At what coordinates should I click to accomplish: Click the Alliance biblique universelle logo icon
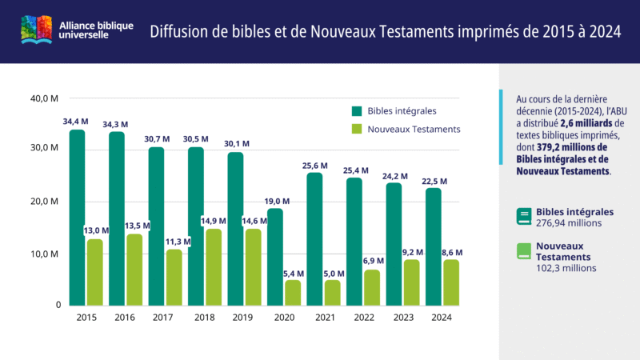click(x=37, y=31)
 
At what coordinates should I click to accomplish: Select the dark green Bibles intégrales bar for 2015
click(x=77, y=218)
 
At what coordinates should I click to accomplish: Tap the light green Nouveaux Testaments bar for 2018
click(x=214, y=267)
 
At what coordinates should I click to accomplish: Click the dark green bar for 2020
click(x=274, y=257)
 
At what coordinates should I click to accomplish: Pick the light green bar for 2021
click(x=332, y=292)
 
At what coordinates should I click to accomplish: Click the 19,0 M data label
click(x=274, y=202)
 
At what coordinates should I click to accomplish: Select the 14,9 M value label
click(x=212, y=221)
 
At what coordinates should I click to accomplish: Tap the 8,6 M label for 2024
click(x=451, y=252)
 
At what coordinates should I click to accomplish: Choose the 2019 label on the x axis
click(x=243, y=317)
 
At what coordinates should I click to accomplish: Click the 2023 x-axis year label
click(x=402, y=317)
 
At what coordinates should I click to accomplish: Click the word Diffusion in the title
click(x=180, y=31)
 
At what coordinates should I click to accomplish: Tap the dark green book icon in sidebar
click(x=524, y=214)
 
